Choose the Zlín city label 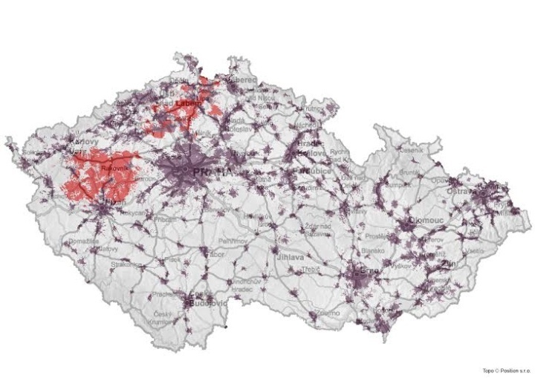448,264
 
